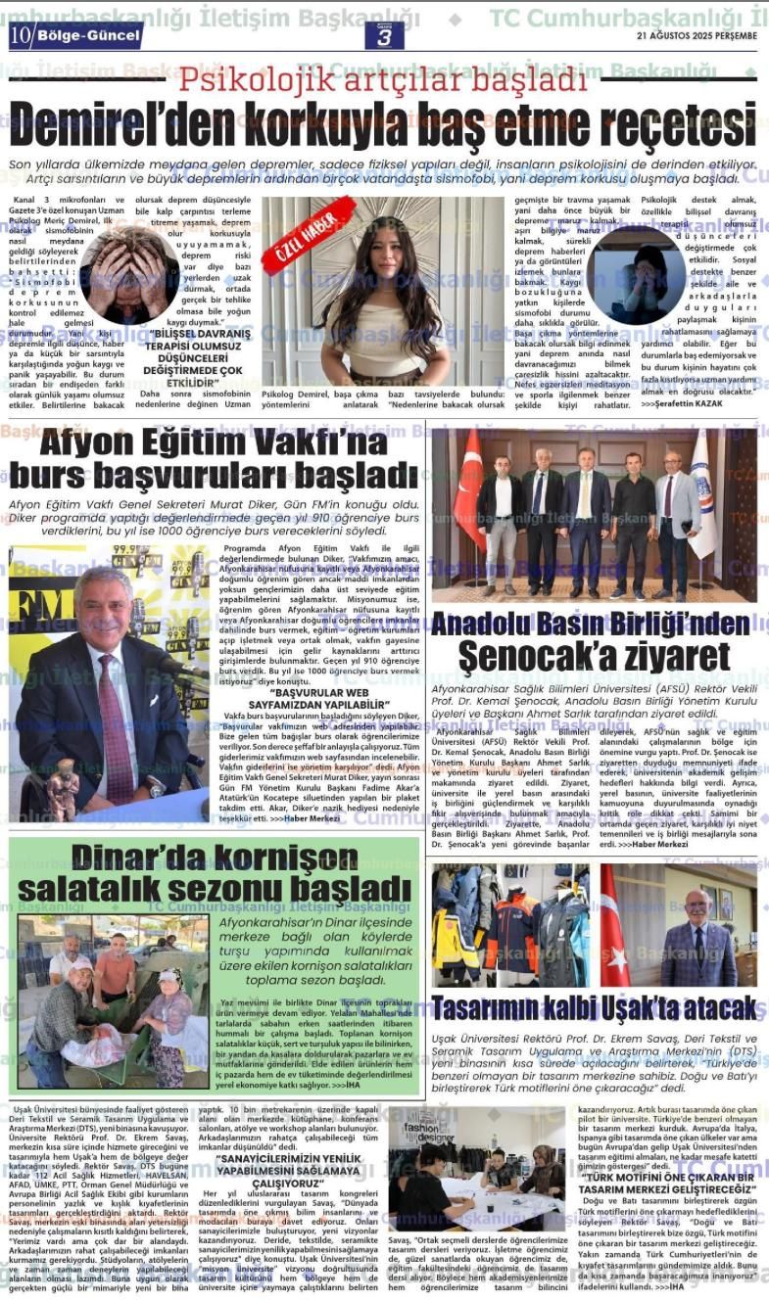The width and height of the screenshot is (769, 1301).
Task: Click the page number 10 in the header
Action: (22, 35)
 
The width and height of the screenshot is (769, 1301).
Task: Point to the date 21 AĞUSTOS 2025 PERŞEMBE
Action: (697, 35)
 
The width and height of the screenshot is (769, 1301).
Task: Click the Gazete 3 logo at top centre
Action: (384, 34)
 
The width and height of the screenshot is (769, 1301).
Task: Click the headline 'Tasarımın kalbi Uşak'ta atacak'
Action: (594, 1007)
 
